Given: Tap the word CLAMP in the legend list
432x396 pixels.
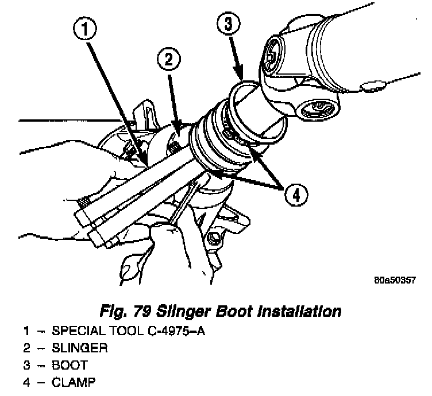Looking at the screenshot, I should click(x=72, y=381).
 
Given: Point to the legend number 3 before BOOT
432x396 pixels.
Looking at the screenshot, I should click(x=27, y=364).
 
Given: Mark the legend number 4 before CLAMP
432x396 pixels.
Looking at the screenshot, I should click(x=27, y=381).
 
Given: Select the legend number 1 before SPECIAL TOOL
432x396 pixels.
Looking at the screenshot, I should click(x=27, y=331).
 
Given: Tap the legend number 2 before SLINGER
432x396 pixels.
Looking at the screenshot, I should click(x=27, y=348).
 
